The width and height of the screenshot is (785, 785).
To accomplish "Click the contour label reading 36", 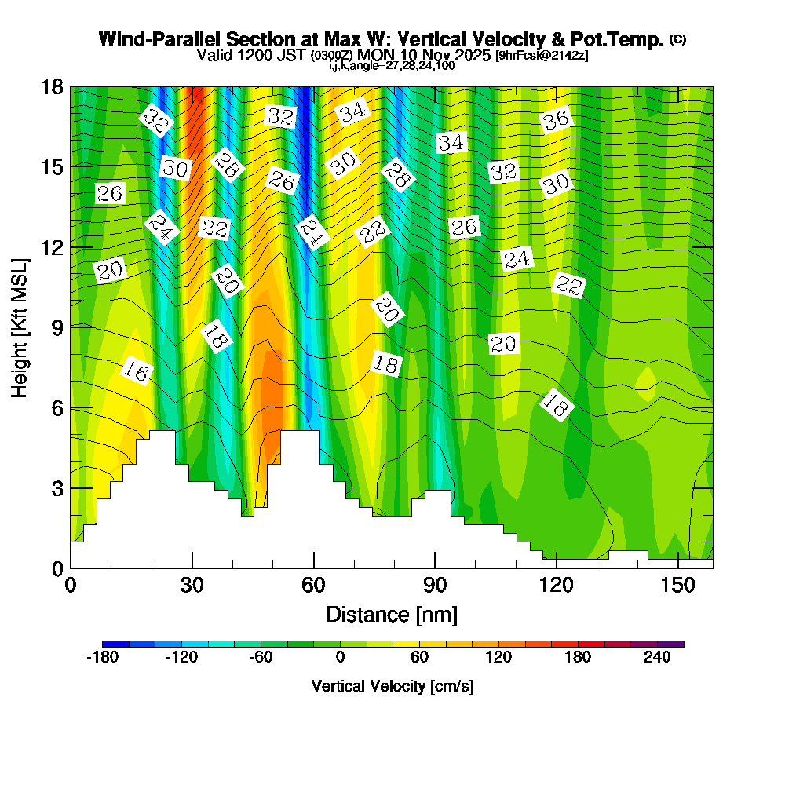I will (556, 120).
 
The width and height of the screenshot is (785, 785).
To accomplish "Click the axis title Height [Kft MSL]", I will (20, 327).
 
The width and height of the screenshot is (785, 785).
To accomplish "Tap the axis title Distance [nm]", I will (392, 614).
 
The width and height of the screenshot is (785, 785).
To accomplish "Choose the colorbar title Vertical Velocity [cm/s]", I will (392, 686).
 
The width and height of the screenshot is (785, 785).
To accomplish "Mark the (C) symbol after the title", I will (677, 38).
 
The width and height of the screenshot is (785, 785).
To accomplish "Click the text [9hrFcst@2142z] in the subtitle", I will (542, 56).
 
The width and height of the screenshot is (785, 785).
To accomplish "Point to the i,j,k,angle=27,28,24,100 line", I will (392, 66).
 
